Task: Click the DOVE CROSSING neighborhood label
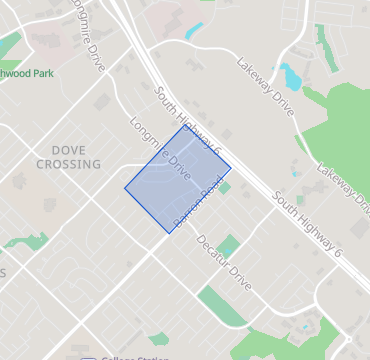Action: click(x=68, y=157)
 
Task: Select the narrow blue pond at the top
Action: click(x=194, y=31)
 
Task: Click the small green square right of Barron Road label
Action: click(x=224, y=187)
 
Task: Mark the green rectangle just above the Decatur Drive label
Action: click(x=229, y=245)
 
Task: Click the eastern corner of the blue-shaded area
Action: click(x=231, y=166)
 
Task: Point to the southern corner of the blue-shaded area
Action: click(x=171, y=234)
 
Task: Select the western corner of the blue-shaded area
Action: click(x=125, y=188)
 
